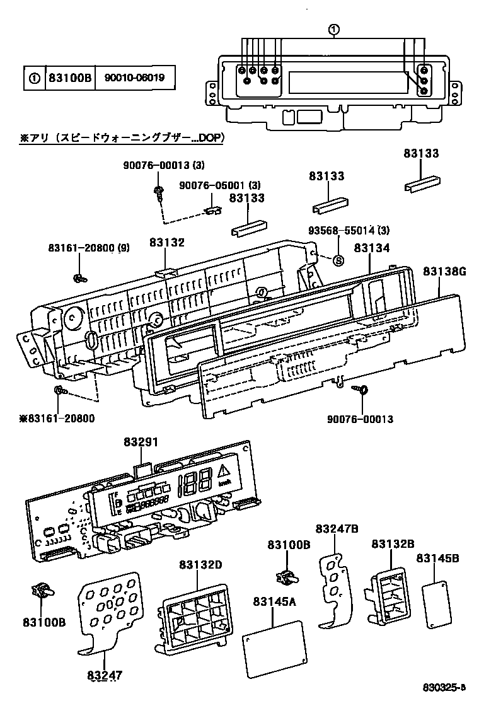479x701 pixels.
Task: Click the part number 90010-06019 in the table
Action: (x=134, y=79)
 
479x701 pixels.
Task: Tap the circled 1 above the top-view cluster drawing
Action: (x=333, y=29)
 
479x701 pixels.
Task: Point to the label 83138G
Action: (x=444, y=271)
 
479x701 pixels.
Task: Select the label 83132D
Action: (x=200, y=564)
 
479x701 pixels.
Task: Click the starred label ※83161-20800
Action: (x=52, y=418)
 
